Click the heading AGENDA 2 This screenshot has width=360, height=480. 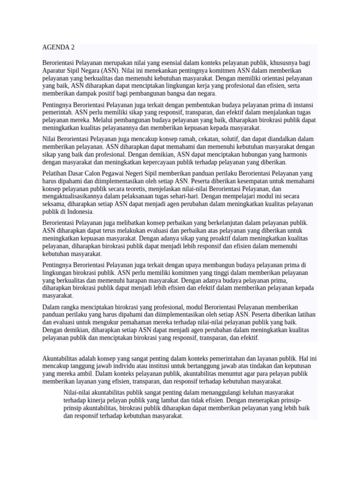[x=58, y=47]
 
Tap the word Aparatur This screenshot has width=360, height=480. [x=54, y=71]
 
